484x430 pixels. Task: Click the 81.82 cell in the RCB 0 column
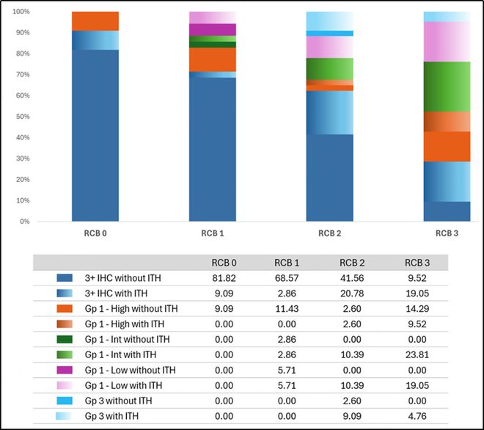(219, 278)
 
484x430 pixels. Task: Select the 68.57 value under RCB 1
(287, 278)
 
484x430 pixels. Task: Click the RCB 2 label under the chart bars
(329, 234)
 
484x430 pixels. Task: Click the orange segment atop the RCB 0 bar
(95, 21)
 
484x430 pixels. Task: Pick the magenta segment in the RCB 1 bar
(213, 29)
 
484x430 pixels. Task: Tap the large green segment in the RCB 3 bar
(447, 87)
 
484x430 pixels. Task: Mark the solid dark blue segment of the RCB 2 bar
(329, 178)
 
